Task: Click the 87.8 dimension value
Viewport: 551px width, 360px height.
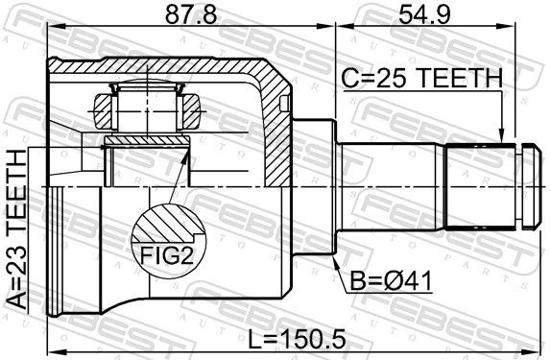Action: pos(191,14)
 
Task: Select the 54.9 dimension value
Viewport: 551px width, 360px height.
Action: pos(424,14)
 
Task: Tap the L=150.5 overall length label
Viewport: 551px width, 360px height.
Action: pos(297,339)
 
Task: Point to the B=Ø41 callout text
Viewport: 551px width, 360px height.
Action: pos(391,281)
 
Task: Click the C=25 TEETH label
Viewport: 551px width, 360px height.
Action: pos(422,78)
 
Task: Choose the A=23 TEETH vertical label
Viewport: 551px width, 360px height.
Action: pos(16,229)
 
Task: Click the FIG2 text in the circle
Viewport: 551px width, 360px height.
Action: pos(167,255)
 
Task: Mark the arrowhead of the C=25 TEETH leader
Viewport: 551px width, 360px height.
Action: pos(501,139)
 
